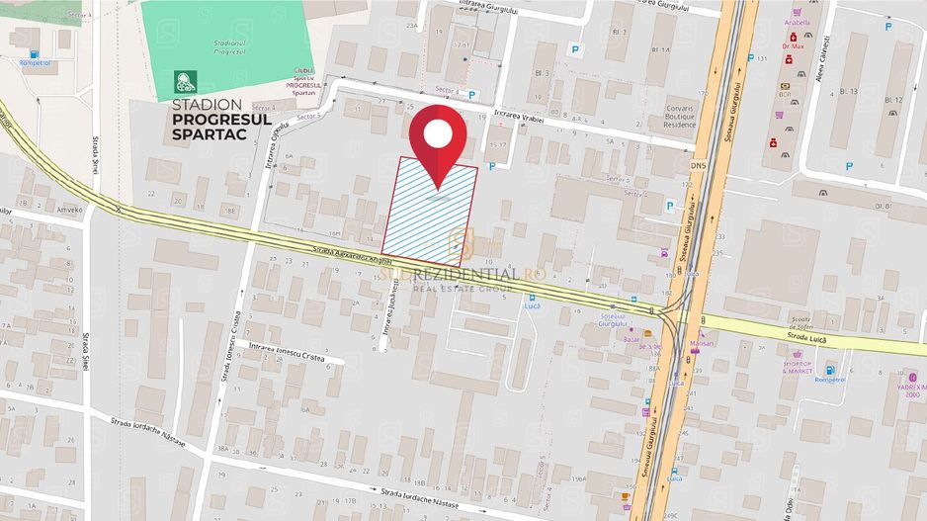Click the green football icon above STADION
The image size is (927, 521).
click(x=185, y=81)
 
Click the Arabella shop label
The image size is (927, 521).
click(x=796, y=22)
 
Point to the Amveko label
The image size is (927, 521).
click(x=68, y=210)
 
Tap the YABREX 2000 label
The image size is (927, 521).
click(x=911, y=387)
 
